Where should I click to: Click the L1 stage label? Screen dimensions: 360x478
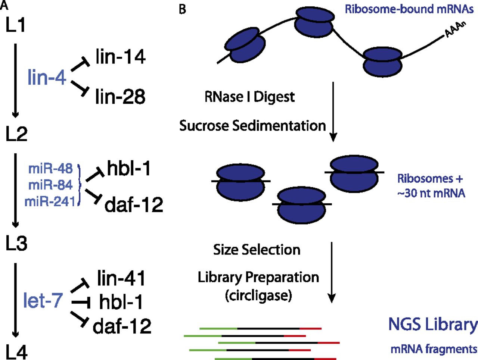pyautogui.click(x=16, y=25)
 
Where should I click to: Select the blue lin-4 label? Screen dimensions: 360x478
pyautogui.click(x=47, y=78)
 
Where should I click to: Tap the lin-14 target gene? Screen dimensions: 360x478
pyautogui.click(x=120, y=57)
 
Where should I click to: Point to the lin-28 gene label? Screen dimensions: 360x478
pyautogui.click(x=120, y=96)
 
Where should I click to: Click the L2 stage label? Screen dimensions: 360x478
pyautogui.click(x=16, y=134)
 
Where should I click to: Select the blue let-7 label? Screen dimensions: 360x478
pyautogui.click(x=43, y=300)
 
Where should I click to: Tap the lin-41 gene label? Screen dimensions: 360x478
pyautogui.click(x=121, y=279)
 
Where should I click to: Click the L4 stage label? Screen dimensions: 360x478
pyautogui.click(x=16, y=352)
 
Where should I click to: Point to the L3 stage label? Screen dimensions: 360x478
pyautogui.click(x=16, y=243)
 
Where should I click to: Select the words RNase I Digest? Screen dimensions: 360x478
pyautogui.click(x=249, y=97)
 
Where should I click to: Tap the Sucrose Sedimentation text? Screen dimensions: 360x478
pyautogui.click(x=252, y=126)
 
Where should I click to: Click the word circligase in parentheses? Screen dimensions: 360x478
pyautogui.click(x=258, y=295)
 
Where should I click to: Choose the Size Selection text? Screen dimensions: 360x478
pyautogui.click(x=257, y=250)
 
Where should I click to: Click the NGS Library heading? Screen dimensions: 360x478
pyautogui.click(x=432, y=325)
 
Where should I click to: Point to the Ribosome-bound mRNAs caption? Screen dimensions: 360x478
pyautogui.click(x=409, y=9)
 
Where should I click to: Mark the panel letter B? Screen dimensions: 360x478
pyautogui.click(x=182, y=9)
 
